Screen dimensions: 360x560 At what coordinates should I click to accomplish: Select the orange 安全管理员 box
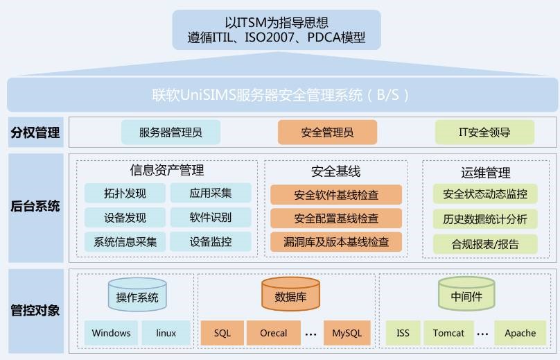(327, 132)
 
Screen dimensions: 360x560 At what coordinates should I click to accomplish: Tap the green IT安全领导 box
(484, 132)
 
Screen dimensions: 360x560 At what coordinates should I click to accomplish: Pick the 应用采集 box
(211, 194)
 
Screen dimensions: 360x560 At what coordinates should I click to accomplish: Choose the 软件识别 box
(211, 217)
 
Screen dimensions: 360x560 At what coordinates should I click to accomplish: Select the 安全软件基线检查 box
(336, 195)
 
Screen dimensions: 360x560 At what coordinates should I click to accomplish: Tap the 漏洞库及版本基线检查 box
(336, 241)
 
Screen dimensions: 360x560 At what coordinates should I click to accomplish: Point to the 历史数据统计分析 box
(484, 219)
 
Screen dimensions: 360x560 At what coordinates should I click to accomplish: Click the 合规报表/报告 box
(484, 243)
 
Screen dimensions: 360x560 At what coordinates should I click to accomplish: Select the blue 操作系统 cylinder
(137, 295)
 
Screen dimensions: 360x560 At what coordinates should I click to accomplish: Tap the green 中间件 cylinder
(466, 295)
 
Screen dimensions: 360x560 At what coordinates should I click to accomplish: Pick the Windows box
(111, 333)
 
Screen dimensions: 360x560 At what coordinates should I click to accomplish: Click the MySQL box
(347, 333)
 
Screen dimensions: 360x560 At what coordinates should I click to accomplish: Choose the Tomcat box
(448, 333)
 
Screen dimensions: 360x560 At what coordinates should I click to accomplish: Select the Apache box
(520, 333)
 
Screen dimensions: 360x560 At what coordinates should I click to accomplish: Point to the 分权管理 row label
(35, 132)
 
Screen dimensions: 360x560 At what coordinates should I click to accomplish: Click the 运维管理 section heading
(485, 173)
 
